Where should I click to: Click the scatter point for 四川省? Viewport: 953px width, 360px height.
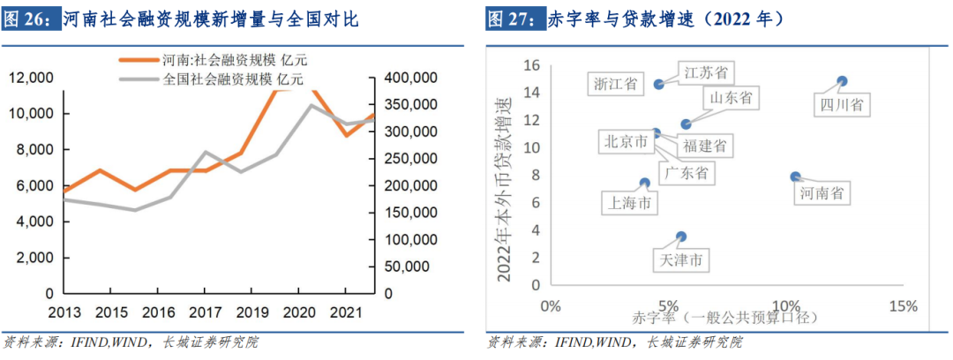point(842,81)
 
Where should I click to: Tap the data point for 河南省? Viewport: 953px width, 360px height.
point(795,176)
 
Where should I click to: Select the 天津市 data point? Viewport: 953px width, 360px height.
point(681,236)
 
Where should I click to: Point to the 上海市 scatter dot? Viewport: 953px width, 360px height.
point(645,184)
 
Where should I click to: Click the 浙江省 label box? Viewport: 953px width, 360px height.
point(615,84)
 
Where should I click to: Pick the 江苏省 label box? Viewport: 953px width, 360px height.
point(709,72)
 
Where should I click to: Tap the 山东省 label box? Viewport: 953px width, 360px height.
point(732,98)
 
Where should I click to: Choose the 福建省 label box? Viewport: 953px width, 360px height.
point(704,146)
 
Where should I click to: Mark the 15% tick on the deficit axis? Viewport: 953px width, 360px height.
point(904,306)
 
